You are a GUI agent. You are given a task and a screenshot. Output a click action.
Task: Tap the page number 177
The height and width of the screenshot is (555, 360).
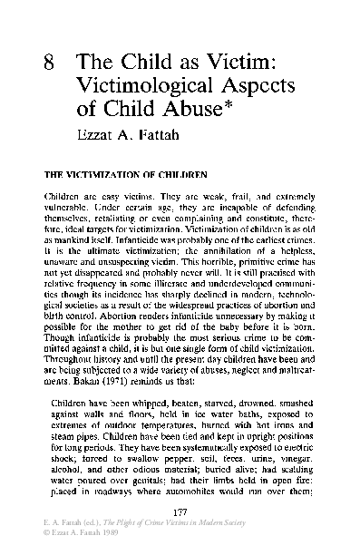click(180, 514)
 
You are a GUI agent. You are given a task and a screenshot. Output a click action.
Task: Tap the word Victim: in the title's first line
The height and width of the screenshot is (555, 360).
click(224, 64)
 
